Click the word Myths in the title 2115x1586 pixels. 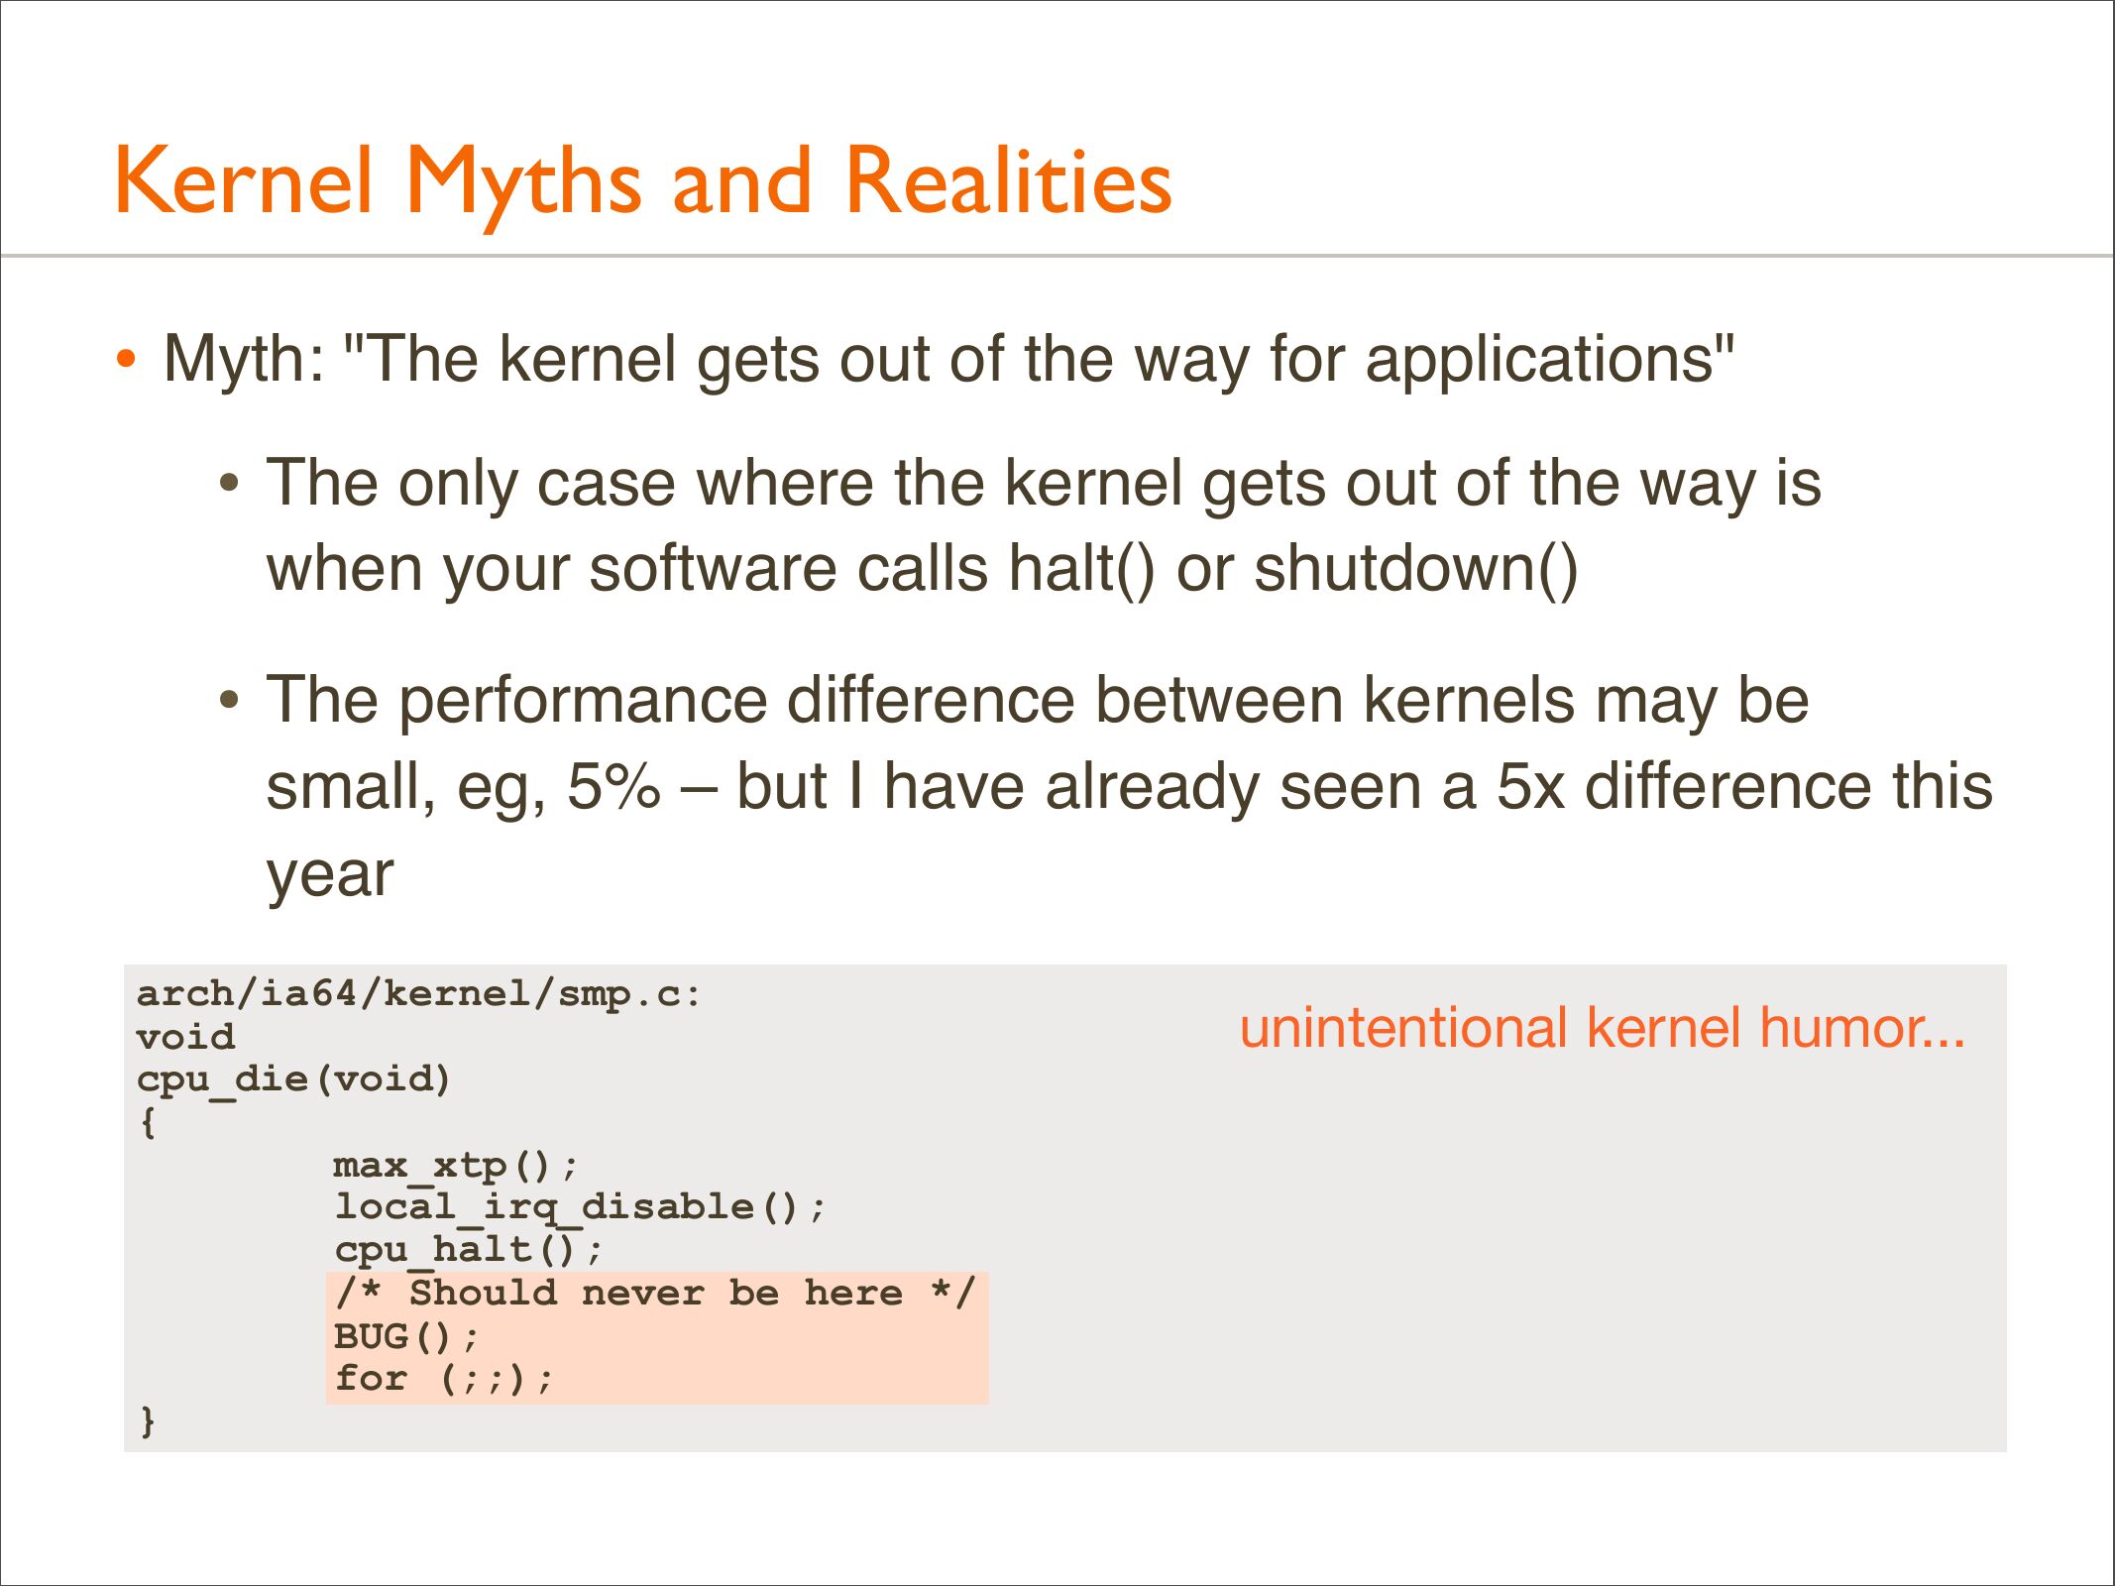[x=523, y=184]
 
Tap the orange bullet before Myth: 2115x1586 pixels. [x=125, y=358]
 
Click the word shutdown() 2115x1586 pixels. [x=1415, y=569]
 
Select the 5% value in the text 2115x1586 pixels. [x=612, y=787]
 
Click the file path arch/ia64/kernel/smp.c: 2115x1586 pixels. [x=418, y=993]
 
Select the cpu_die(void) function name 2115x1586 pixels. [x=293, y=1079]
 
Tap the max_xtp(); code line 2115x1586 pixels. [x=455, y=1166]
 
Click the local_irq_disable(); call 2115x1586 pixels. [x=579, y=1207]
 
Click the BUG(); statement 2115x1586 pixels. [x=406, y=1337]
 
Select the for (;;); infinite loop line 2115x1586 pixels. [x=443, y=1379]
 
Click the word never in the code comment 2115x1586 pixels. [x=642, y=1294]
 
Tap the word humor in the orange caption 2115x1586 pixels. [x=1862, y=1028]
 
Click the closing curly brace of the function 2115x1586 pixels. [x=148, y=1420]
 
